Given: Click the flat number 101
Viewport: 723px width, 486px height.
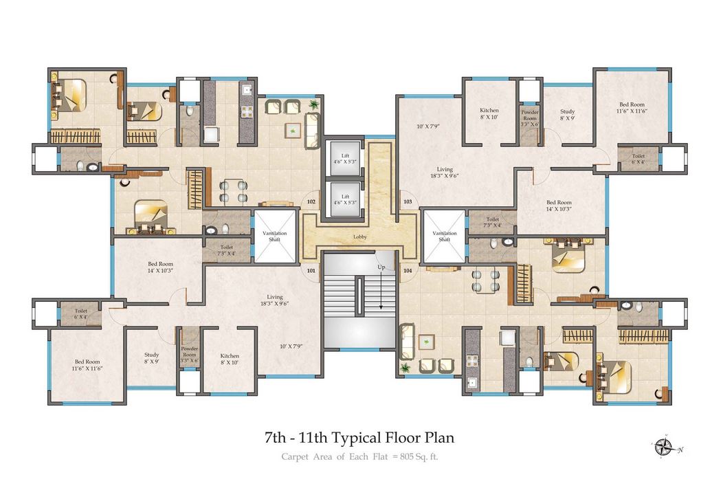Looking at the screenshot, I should click(311, 271).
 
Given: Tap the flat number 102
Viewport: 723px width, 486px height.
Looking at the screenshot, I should click(311, 202).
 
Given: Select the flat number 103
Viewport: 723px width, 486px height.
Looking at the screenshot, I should click(408, 202).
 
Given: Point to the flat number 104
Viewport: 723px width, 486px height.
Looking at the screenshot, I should click(408, 271).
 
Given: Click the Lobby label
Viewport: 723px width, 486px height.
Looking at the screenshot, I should click(360, 237).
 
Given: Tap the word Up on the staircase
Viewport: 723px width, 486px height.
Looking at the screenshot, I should click(380, 266).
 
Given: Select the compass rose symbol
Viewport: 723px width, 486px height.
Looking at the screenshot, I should click(663, 448).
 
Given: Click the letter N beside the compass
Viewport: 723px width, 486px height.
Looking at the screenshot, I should click(680, 450).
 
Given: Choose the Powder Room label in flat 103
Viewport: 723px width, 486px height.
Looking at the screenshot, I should click(529, 114).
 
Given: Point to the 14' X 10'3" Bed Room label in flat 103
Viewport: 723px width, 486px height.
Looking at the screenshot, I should click(559, 206).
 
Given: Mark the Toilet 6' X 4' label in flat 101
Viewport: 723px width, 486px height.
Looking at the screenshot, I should click(80, 314).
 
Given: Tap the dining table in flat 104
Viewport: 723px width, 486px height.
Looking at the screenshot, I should click(485, 278).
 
